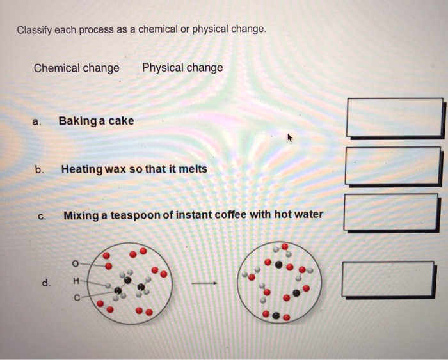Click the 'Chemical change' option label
[x=76, y=68]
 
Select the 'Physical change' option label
[x=182, y=68]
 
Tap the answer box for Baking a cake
[x=394, y=118]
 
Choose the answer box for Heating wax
[x=392, y=166]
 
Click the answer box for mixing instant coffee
[x=391, y=212]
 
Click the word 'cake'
[x=121, y=121]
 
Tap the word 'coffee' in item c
[x=231, y=215]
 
